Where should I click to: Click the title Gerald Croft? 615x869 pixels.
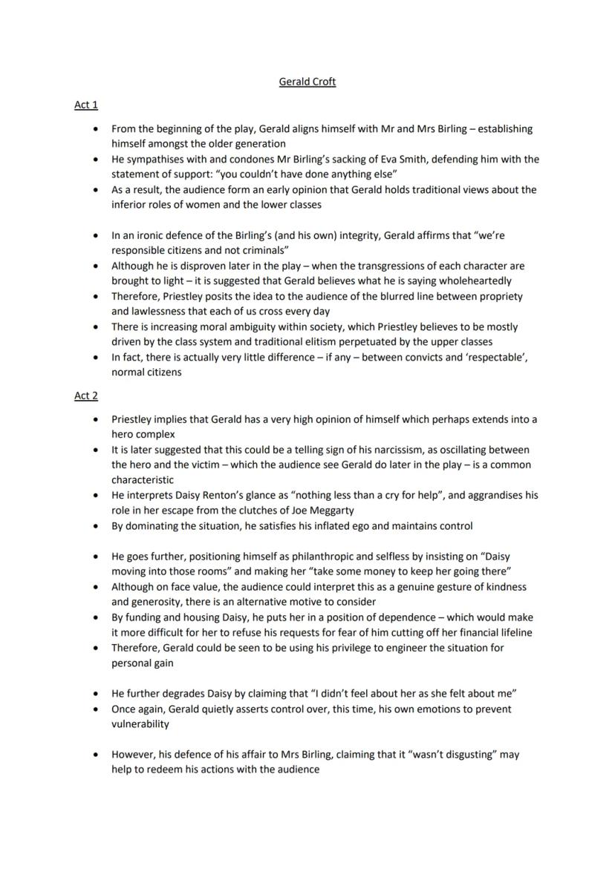pyautogui.click(x=307, y=82)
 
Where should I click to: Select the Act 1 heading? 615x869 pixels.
pyautogui.click(x=85, y=105)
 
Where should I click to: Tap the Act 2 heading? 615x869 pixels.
pyautogui.click(x=85, y=396)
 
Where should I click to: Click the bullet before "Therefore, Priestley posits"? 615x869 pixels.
pyautogui.click(x=95, y=297)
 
